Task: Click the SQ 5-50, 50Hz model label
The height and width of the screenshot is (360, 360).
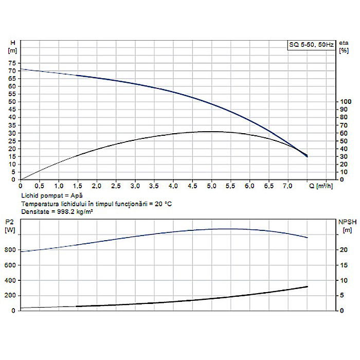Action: (310, 46)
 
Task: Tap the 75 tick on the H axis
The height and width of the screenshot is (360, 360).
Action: (12, 62)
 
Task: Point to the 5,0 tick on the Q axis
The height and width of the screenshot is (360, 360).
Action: (211, 185)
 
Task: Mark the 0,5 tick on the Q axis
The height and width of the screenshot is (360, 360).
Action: (40, 185)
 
